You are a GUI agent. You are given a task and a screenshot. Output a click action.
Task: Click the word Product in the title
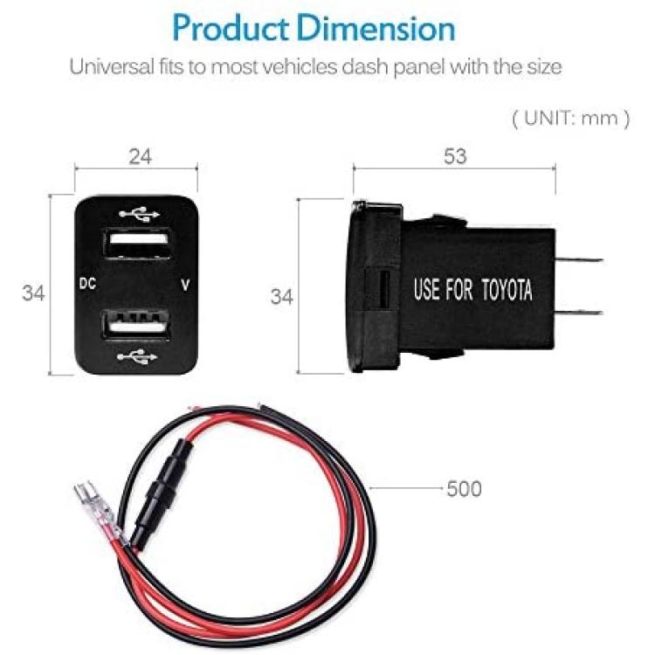[x=231, y=28]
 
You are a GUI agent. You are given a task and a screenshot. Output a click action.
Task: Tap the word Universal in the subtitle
[x=112, y=66]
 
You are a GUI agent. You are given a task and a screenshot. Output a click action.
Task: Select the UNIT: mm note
[x=570, y=118]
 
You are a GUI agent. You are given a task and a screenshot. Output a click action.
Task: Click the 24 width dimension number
[x=141, y=156]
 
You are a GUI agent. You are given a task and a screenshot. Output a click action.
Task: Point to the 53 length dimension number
[x=455, y=156]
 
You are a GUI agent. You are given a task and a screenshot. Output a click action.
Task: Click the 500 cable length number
[x=464, y=489]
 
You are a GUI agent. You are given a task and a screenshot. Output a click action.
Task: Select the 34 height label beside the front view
[x=33, y=293]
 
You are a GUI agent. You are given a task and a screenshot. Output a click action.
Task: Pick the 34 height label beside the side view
[x=282, y=297]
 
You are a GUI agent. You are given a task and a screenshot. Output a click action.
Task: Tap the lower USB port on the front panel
[x=136, y=324]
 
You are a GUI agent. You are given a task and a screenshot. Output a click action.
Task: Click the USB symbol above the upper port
[x=139, y=214]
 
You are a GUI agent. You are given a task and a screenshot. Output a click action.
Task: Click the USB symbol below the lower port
[x=137, y=357]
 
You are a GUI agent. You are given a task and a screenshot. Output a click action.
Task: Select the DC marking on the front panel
[x=87, y=284]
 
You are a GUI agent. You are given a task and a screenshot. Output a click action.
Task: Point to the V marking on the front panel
[x=185, y=285]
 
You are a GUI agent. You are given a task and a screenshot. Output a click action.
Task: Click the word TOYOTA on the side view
[x=507, y=289]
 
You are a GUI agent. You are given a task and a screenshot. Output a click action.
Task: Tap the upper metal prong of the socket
[x=578, y=259]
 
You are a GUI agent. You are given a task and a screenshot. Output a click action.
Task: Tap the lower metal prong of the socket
[x=578, y=313]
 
